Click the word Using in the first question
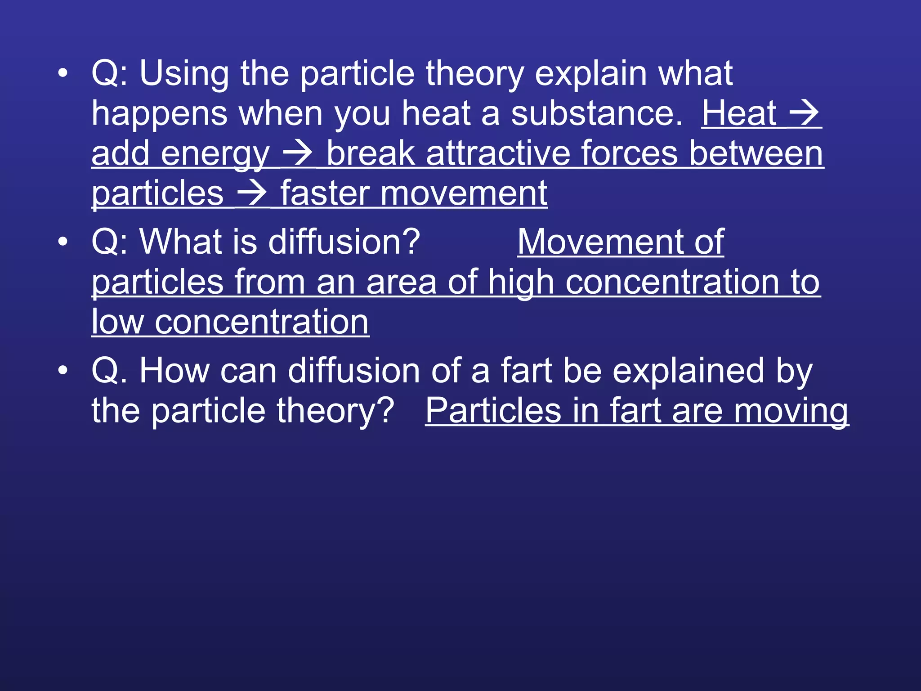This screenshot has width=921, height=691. coord(184,74)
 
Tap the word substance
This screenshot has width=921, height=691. coord(597,113)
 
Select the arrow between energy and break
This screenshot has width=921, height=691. coord(297,153)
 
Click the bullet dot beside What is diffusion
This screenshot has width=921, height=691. coord(63,242)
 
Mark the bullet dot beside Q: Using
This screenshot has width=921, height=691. coord(63,74)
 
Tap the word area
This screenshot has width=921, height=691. coord(401,283)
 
